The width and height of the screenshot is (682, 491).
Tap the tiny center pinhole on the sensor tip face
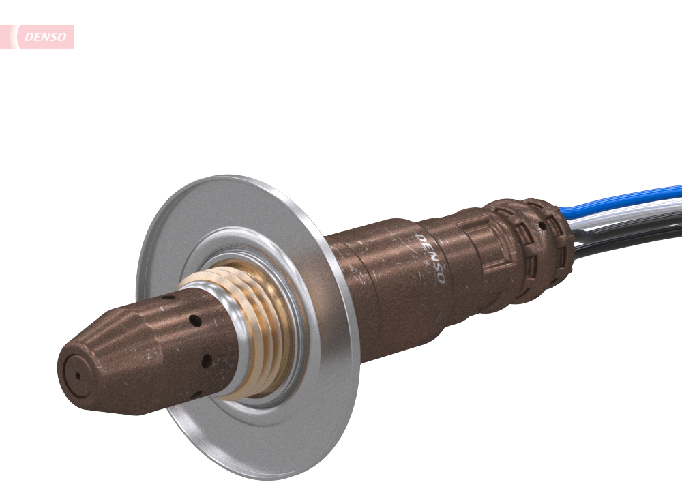[x=77, y=375]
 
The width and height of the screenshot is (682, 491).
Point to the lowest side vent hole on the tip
[x=193, y=393]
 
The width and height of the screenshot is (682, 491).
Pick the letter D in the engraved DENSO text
[x=419, y=238]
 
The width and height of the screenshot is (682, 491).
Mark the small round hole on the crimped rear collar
[x=542, y=224]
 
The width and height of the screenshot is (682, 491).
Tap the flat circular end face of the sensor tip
[x=76, y=376]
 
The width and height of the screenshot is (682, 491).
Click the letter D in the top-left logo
[x=28, y=37]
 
